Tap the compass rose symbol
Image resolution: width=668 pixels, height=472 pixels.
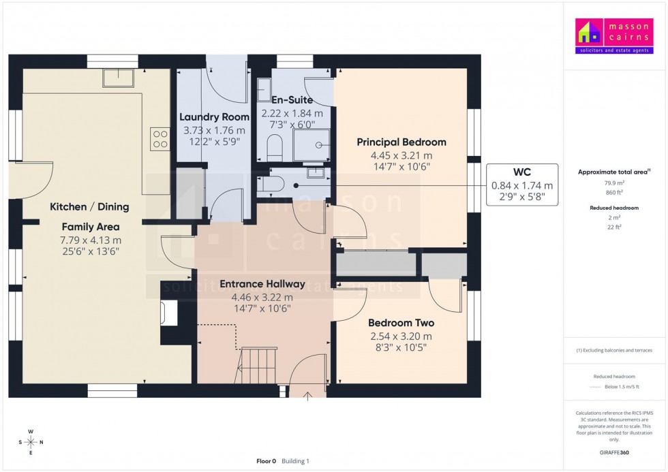[x=31, y=442]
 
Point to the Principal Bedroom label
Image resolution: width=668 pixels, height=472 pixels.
[x=401, y=142]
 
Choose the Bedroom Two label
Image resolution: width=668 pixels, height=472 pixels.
[x=401, y=323]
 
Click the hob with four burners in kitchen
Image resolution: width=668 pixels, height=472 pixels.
[x=160, y=139]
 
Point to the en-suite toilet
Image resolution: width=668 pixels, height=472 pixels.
[x=275, y=146]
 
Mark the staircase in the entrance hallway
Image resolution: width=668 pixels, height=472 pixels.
[x=258, y=366]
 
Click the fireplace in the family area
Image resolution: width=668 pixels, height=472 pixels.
[x=167, y=313]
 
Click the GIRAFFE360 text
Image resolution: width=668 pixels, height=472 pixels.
[x=615, y=452]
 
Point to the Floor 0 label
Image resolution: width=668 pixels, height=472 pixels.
[x=265, y=461]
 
